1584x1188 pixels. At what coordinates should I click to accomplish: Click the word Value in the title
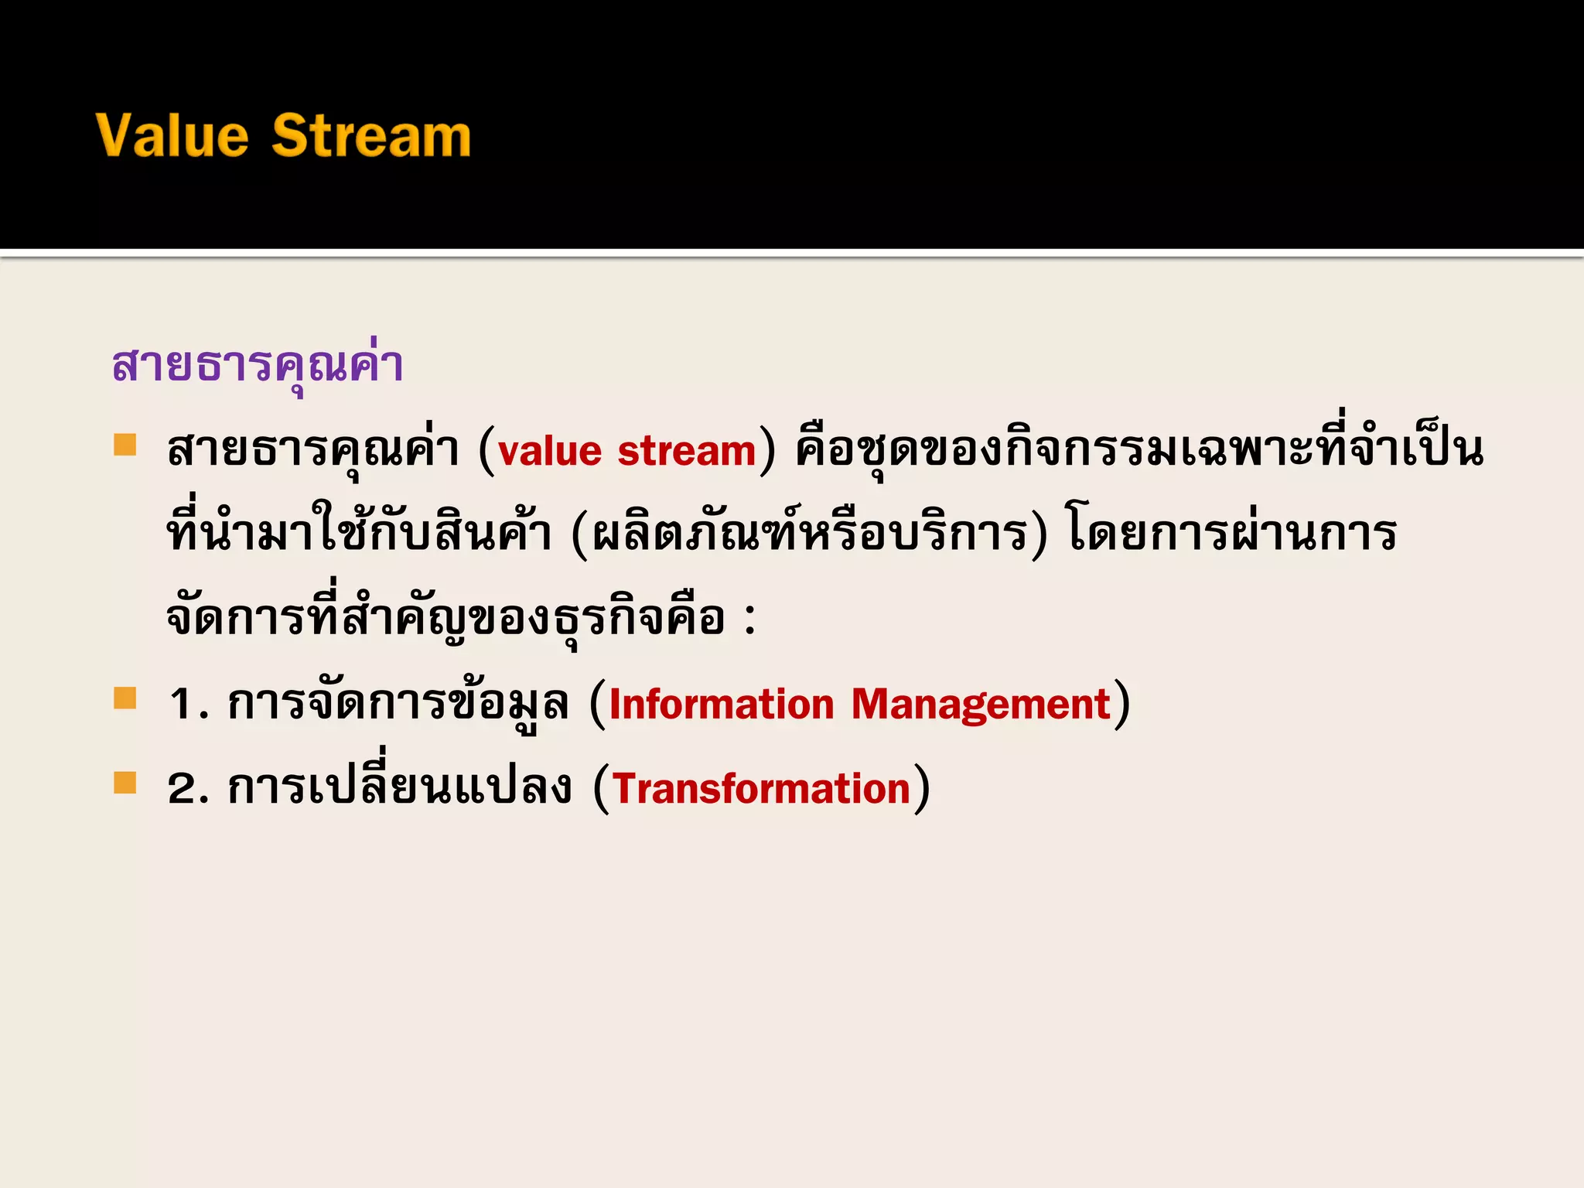click(172, 135)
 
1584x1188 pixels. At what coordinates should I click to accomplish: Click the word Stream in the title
click(370, 135)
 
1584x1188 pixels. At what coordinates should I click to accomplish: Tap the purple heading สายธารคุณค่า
click(257, 364)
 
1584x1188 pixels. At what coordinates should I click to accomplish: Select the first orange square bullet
click(125, 445)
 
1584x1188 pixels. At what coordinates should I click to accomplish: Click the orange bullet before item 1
click(125, 698)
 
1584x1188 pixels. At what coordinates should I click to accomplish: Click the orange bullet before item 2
click(125, 783)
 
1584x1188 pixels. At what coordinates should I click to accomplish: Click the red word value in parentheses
click(550, 451)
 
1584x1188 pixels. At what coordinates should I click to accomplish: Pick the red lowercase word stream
click(686, 451)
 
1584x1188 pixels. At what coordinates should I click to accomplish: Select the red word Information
click(722, 705)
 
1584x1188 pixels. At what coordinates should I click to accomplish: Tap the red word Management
click(981, 705)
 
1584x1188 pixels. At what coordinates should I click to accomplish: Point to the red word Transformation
click(761, 789)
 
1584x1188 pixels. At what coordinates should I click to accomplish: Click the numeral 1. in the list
click(188, 705)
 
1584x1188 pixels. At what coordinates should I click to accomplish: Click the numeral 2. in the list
click(188, 789)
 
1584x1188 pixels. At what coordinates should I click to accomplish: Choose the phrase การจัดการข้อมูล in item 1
click(398, 705)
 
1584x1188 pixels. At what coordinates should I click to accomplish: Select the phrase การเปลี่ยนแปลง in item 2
click(399, 789)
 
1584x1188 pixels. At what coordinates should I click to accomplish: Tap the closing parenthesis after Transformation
click(922, 789)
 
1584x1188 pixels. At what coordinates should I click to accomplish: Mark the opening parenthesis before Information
click(598, 705)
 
